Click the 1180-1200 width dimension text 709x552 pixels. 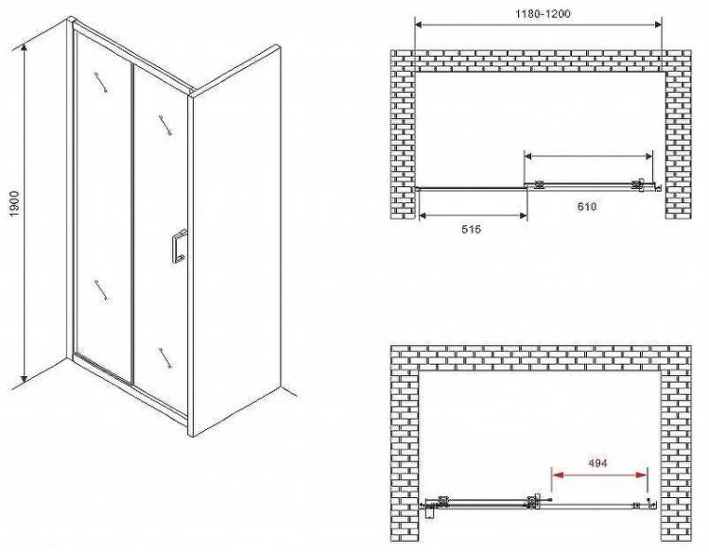click(543, 14)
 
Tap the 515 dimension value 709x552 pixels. click(471, 230)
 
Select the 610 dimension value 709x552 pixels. click(587, 207)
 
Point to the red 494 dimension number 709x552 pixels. click(597, 463)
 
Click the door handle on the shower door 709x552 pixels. click(177, 248)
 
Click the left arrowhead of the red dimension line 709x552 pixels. click(557, 475)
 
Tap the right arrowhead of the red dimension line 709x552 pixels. click(642, 475)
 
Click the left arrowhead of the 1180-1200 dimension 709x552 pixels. click(420, 25)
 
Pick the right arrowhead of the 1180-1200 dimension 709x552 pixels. click(657, 25)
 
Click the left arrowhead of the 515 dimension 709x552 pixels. click(424, 216)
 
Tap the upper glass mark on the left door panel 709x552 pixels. click(101, 82)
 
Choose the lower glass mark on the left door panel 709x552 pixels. click(101, 290)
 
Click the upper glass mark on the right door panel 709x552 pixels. click(165, 125)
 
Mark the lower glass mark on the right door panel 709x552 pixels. click(165, 358)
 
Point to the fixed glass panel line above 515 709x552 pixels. click(471, 188)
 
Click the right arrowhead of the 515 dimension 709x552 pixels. click(522, 216)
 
